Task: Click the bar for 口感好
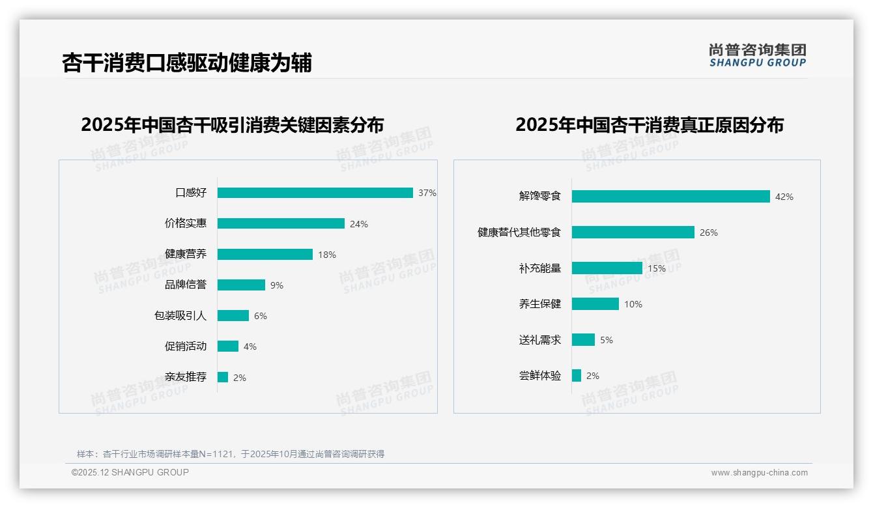(x=315, y=193)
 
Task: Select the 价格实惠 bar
(x=281, y=223)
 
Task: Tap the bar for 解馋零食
(x=670, y=196)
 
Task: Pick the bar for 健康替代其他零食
(x=633, y=233)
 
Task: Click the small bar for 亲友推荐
(x=223, y=377)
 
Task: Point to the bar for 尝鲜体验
(x=577, y=376)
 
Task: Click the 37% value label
(x=427, y=193)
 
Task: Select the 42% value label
(x=784, y=197)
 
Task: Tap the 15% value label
(x=656, y=268)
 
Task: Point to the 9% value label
(x=277, y=285)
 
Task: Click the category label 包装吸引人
(x=180, y=316)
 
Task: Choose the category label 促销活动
(x=186, y=346)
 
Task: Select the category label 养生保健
(x=539, y=304)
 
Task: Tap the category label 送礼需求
(x=539, y=340)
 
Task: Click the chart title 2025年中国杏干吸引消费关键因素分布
(x=233, y=124)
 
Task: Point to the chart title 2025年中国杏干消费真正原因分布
(x=650, y=124)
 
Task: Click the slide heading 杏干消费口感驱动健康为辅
(x=187, y=63)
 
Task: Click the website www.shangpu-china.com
(x=759, y=473)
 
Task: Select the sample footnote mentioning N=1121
(x=231, y=454)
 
